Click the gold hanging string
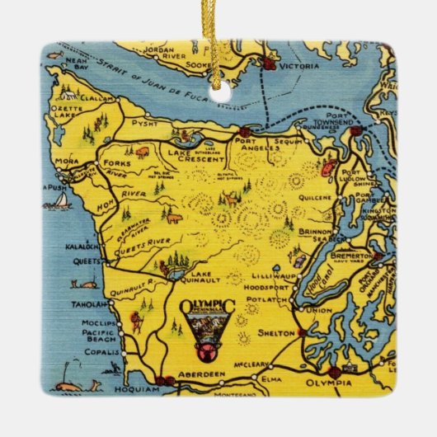(x=219, y=49)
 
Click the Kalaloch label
(x=78, y=247)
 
